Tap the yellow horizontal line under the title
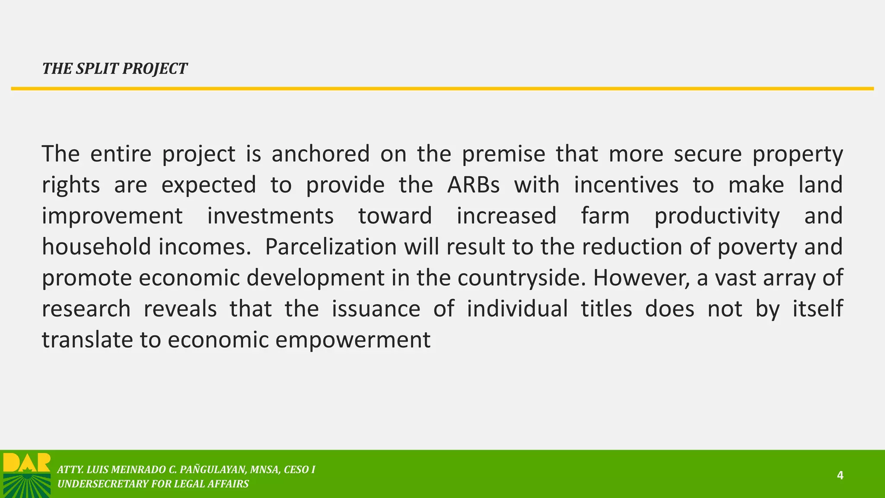click(x=442, y=89)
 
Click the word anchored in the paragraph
click(x=320, y=154)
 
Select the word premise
click(x=503, y=154)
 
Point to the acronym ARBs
click(x=473, y=185)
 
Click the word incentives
click(x=626, y=185)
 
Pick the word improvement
click(x=112, y=216)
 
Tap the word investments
click(x=271, y=216)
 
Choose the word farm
click(x=605, y=216)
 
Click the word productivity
click(x=717, y=216)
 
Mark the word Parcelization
click(x=331, y=247)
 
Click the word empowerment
click(x=353, y=340)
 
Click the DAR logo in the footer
click(x=27, y=475)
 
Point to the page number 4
click(x=840, y=476)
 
